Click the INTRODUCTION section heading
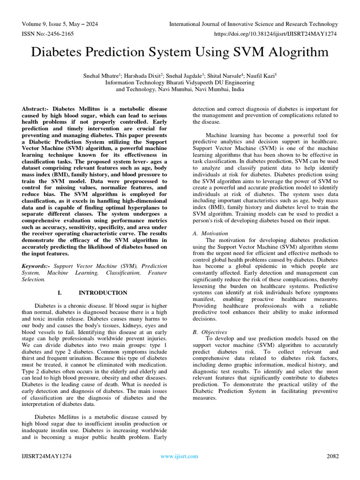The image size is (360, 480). point(103,292)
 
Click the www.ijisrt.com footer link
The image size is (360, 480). point(180,456)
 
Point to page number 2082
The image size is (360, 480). point(332,456)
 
